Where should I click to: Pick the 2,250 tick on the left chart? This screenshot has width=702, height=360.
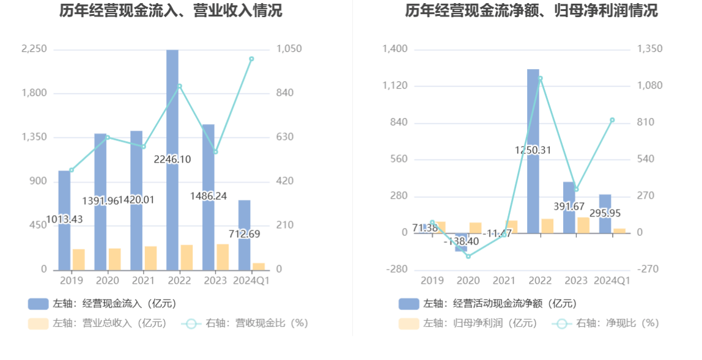click(x=34, y=49)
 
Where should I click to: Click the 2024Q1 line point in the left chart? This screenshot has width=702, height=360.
click(x=251, y=59)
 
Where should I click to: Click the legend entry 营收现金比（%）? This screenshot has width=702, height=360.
click(x=245, y=323)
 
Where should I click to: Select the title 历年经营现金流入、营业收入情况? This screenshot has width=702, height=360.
click(x=171, y=11)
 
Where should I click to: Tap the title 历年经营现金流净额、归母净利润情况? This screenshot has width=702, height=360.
click(x=531, y=11)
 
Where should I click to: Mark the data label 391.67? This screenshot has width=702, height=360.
click(x=570, y=207)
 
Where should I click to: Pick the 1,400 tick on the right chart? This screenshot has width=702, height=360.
click(x=395, y=49)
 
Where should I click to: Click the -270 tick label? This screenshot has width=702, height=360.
click(x=649, y=270)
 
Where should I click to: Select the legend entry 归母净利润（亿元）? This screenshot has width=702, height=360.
click(x=468, y=323)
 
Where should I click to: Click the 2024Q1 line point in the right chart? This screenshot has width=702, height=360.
click(x=612, y=120)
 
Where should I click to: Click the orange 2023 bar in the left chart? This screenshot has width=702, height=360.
click(x=223, y=257)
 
